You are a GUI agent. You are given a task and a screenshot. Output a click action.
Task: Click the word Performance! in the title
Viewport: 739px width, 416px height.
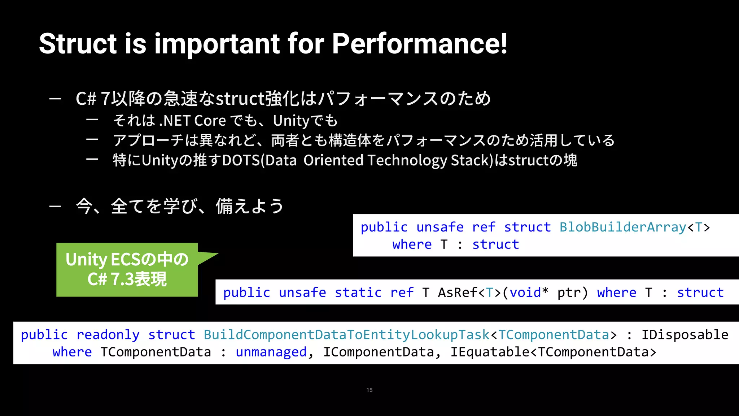(x=419, y=44)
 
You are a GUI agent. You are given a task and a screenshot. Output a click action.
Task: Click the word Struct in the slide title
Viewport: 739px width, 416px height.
(x=78, y=44)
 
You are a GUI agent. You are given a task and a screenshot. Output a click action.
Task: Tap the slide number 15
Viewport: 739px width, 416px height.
(x=369, y=390)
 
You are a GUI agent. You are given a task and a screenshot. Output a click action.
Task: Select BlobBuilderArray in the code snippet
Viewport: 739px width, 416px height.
(x=623, y=227)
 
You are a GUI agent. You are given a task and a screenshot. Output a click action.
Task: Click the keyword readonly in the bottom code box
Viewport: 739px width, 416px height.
(x=108, y=335)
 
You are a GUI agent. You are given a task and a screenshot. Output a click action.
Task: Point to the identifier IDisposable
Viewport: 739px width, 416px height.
(x=685, y=335)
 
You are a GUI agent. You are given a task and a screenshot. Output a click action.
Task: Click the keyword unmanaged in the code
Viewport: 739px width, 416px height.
(x=271, y=352)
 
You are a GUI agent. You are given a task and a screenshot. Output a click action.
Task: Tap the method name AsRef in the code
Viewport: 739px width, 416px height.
(x=458, y=292)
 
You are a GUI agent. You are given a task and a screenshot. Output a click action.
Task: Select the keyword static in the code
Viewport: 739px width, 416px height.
(x=358, y=292)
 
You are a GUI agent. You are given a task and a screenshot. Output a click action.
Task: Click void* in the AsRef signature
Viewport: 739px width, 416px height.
(x=529, y=292)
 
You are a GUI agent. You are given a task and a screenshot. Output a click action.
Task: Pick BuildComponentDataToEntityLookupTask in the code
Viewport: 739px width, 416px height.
(x=346, y=335)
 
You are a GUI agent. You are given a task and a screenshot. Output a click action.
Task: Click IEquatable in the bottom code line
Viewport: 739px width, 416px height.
(x=490, y=352)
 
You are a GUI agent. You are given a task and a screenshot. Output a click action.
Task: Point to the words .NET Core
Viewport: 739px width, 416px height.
(x=193, y=121)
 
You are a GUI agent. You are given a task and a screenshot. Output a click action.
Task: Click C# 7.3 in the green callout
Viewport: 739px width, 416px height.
(x=110, y=279)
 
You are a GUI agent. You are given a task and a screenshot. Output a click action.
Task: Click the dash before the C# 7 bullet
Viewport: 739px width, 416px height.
(x=55, y=99)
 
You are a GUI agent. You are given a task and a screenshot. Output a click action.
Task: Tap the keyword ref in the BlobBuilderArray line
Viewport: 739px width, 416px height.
(x=484, y=227)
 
